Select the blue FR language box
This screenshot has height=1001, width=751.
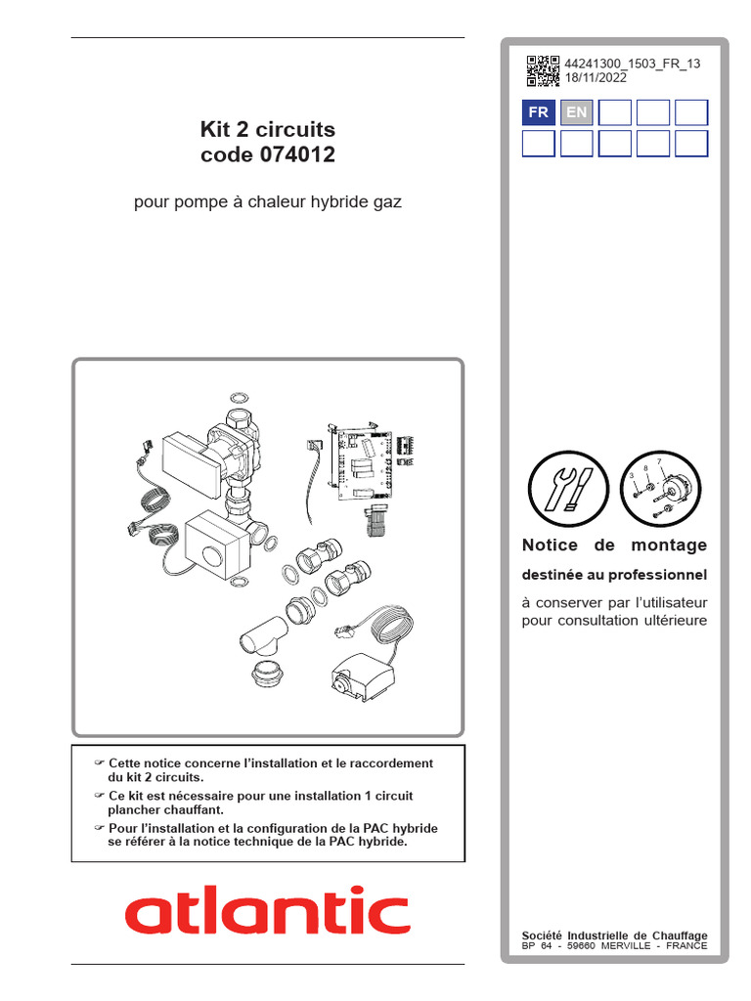[539, 112]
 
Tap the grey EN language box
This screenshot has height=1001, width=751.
[577, 112]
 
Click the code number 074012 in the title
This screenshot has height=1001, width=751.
[302, 155]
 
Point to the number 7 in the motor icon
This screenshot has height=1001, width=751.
[659, 460]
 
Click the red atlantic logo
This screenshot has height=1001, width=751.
[267, 911]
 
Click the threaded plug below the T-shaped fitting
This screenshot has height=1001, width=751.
[267, 675]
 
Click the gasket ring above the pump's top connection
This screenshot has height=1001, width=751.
[239, 399]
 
